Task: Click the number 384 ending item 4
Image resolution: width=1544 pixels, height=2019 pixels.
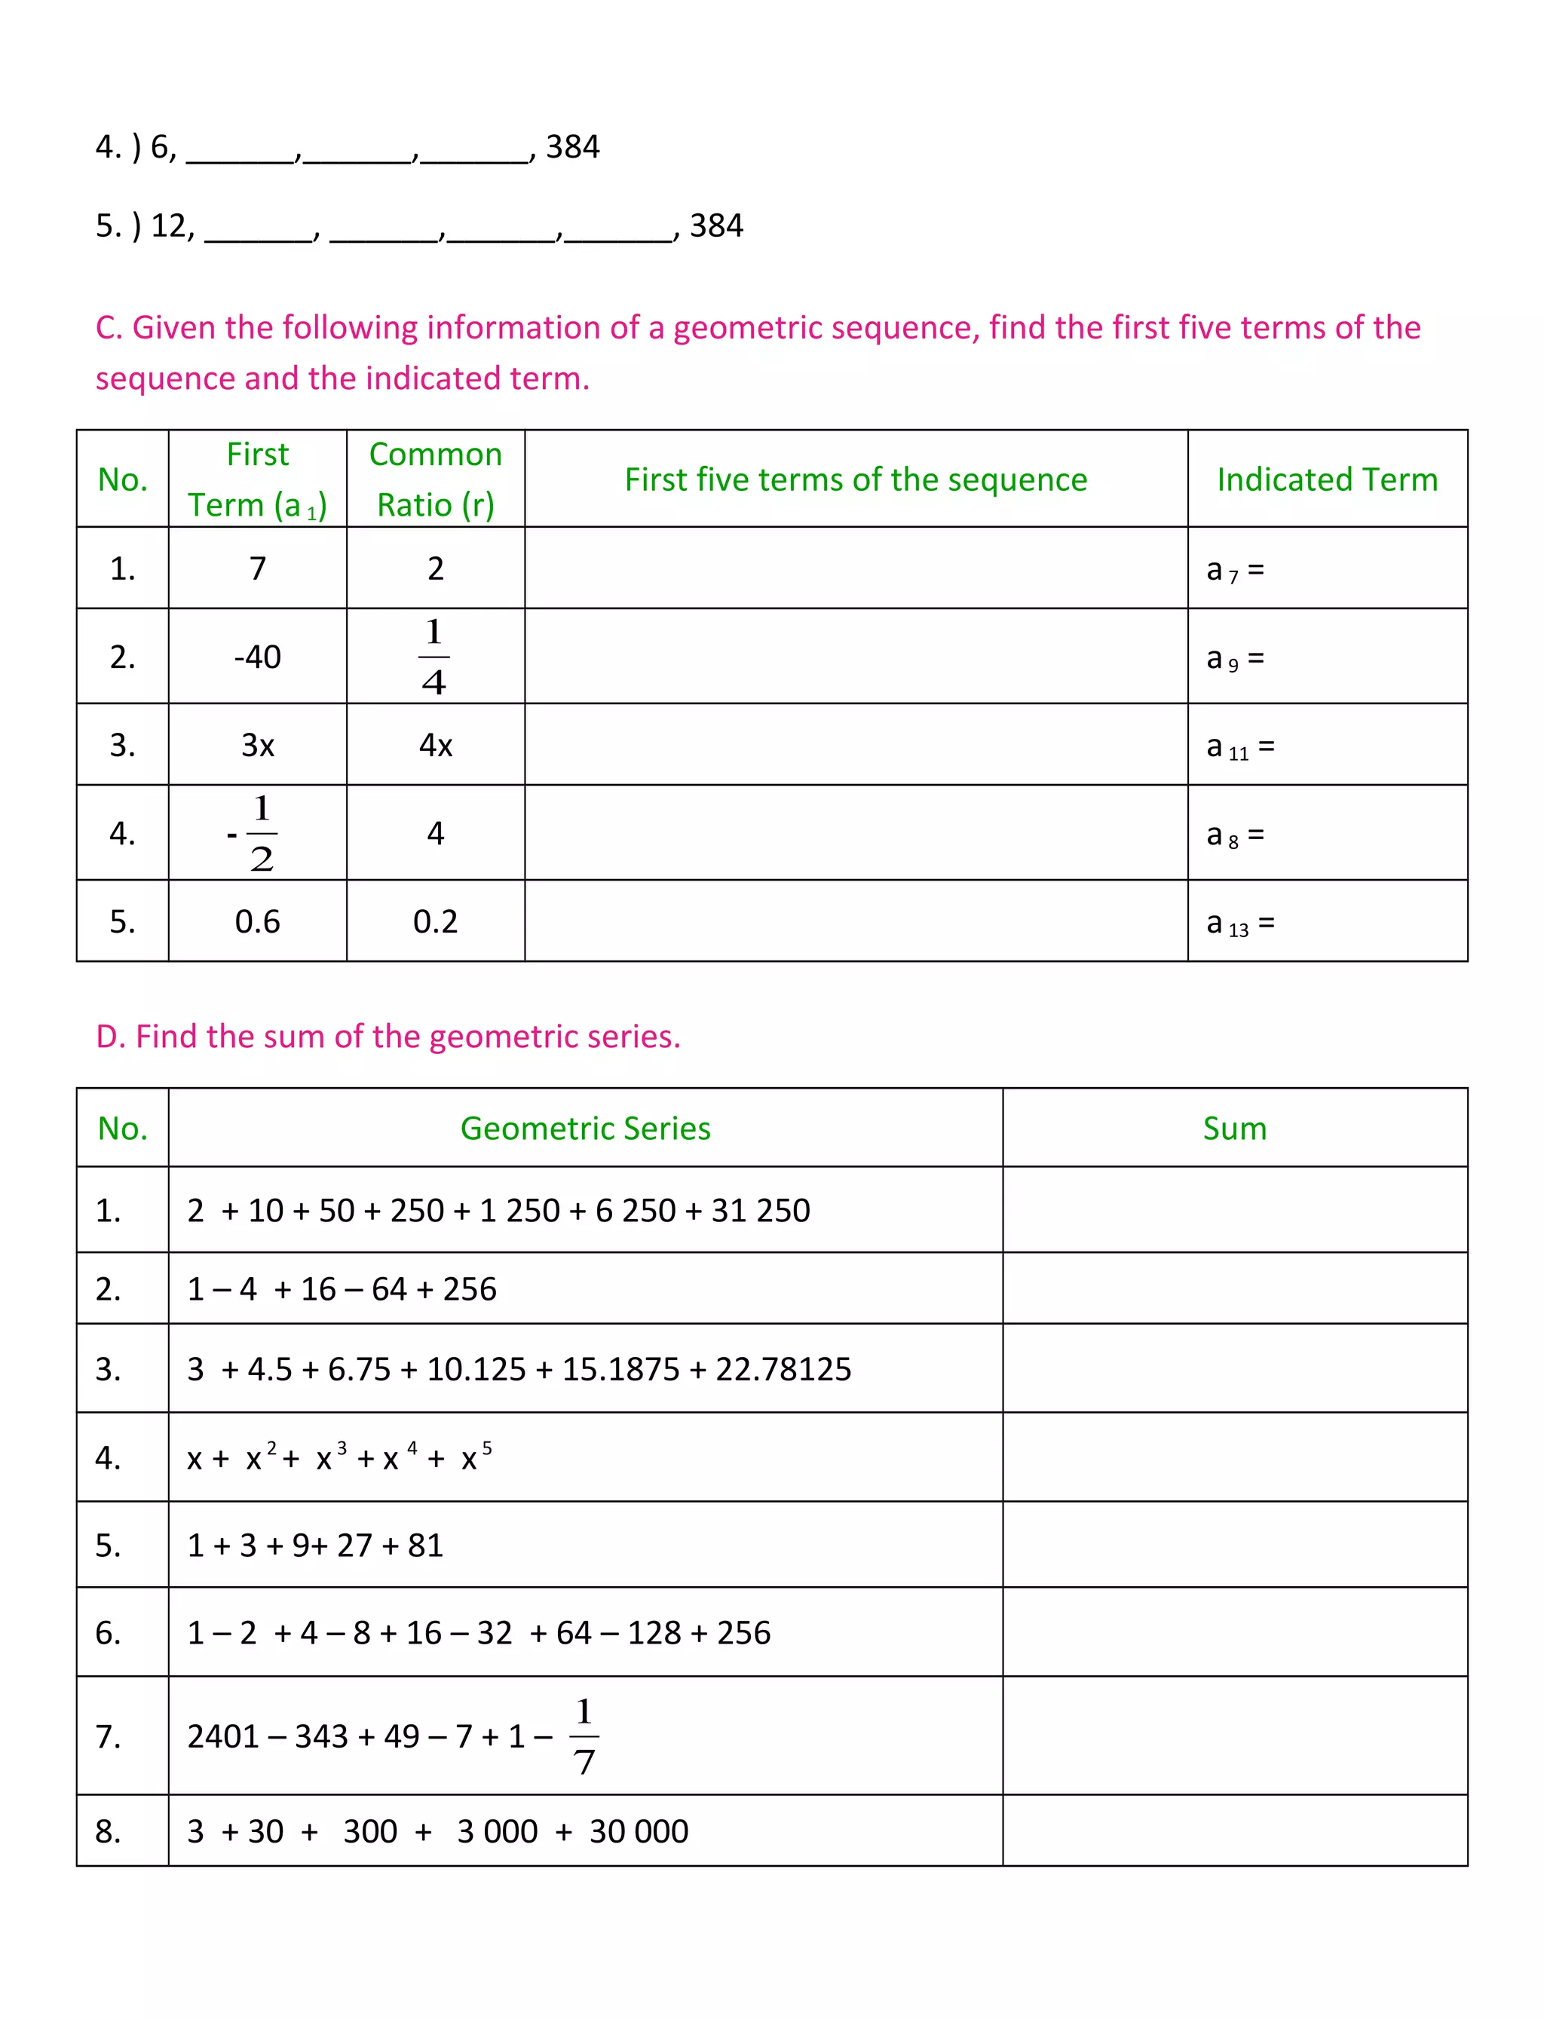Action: (571, 147)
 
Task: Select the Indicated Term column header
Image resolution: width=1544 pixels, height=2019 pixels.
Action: (1326, 479)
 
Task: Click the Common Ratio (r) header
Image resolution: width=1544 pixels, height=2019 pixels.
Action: (436, 479)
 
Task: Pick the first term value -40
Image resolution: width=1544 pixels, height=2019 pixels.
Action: (257, 657)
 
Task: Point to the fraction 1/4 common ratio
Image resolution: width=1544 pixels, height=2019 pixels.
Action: (433, 656)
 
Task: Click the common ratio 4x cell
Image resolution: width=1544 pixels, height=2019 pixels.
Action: (436, 746)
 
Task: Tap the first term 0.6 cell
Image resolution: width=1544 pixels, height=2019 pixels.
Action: (257, 922)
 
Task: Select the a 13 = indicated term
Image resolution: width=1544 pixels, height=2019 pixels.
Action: (1239, 924)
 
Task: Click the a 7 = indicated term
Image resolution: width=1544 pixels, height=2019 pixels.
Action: (1234, 571)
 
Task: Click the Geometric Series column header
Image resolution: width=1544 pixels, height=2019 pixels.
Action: (586, 1129)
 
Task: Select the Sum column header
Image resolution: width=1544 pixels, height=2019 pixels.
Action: (1234, 1129)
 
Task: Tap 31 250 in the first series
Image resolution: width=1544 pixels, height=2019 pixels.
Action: (760, 1212)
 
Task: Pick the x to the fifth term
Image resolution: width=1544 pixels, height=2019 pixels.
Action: (475, 1457)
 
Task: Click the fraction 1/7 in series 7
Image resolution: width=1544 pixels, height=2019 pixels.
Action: (584, 1736)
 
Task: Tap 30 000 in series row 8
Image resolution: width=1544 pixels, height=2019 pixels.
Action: (638, 1831)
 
